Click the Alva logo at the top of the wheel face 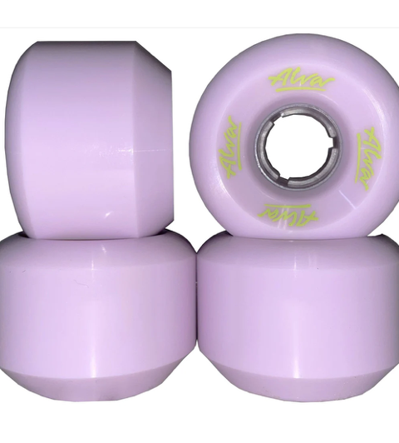[x=301, y=82]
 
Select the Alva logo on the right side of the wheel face [x=367, y=159]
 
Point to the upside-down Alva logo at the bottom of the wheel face [x=288, y=212]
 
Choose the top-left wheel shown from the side [x=89, y=138]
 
